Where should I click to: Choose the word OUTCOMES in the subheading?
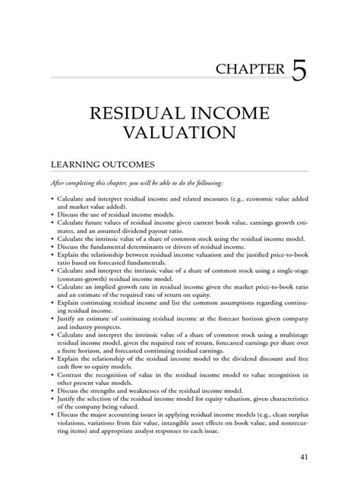coord(131,164)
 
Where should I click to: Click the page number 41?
coord(305,456)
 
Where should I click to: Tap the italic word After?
coord(60,185)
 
